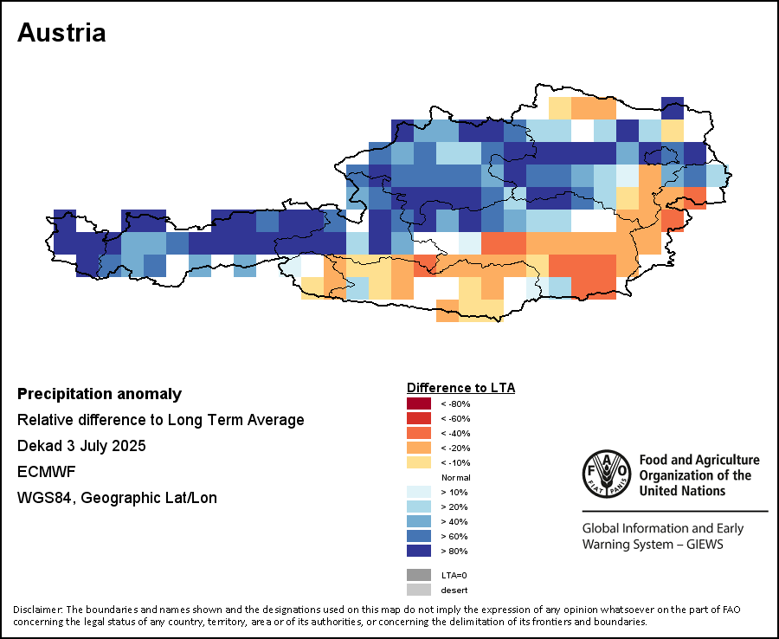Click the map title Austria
(61, 33)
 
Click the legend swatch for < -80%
(418, 403)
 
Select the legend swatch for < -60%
(418, 418)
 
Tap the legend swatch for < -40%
(418, 433)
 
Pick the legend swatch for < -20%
(418, 448)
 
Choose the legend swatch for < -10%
(418, 462)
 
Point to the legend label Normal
(455, 477)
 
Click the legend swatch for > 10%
(418, 492)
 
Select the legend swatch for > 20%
(418, 507)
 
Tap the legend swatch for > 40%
(418, 521)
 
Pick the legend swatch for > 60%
(418, 536)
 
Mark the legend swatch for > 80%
(418, 551)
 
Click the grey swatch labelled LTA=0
(418, 575)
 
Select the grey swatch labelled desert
(418, 590)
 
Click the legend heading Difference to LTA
(460, 387)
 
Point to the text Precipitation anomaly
(100, 394)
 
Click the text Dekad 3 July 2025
(81, 446)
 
